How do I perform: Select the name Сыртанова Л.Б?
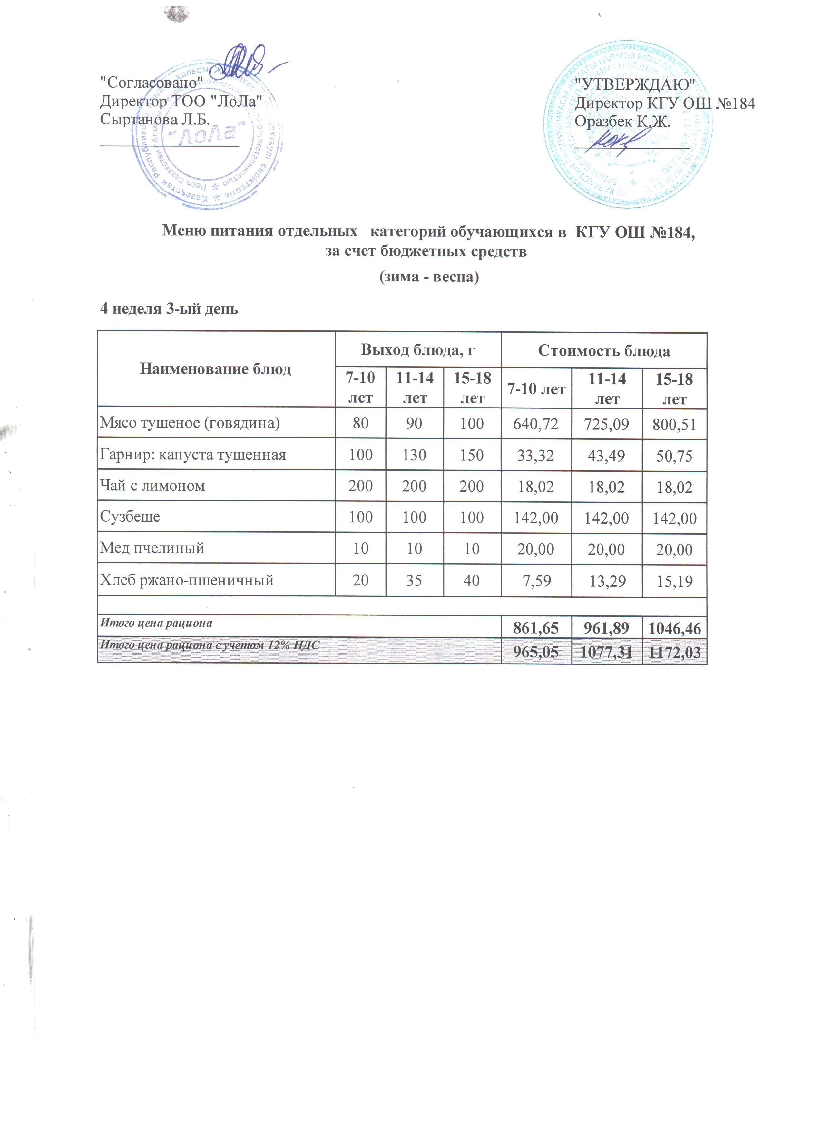click(x=154, y=120)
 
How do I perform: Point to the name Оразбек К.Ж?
click(x=622, y=121)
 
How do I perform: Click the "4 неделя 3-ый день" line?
click(x=170, y=309)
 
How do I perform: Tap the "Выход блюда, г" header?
click(x=418, y=350)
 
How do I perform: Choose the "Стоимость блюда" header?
click(x=604, y=351)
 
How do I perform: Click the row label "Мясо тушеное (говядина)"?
click(x=190, y=423)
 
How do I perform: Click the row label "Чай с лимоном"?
click(x=152, y=486)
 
